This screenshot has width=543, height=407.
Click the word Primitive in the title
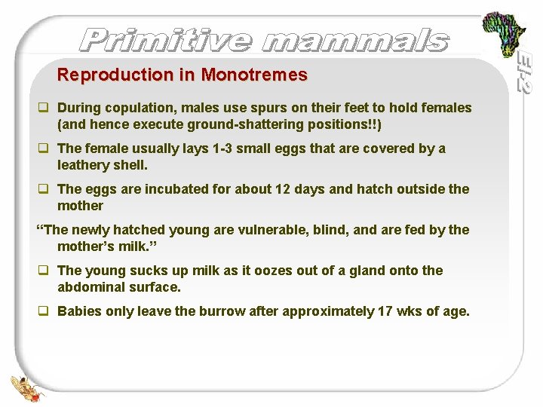(165, 40)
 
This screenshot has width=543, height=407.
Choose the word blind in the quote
(334, 230)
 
